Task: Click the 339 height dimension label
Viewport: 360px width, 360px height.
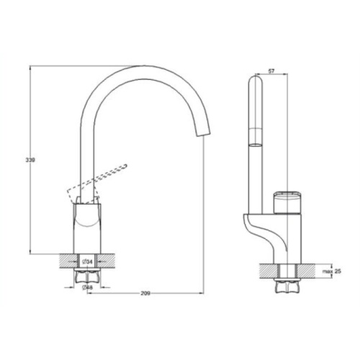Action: point(30,160)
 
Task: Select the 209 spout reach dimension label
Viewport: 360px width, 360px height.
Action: point(145,293)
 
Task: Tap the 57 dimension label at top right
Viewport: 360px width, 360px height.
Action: point(271,71)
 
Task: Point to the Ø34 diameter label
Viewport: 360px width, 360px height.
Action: point(87,261)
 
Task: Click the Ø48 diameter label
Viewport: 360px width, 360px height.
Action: point(87,287)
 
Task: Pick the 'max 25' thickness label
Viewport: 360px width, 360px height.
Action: point(331,271)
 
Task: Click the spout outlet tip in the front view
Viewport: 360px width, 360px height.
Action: point(204,135)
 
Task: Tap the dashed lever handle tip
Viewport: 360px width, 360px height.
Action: point(125,166)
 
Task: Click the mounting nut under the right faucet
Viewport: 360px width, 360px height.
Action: point(287,286)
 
